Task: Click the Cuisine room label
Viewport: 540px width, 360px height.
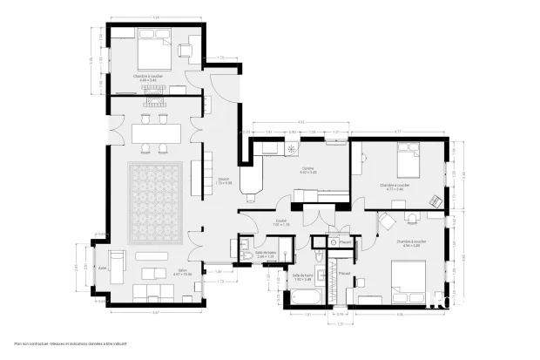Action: click(x=307, y=170)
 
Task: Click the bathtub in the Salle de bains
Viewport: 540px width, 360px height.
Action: click(x=305, y=299)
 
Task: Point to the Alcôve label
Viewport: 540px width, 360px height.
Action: click(x=102, y=268)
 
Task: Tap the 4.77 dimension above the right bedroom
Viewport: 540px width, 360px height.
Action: click(x=397, y=132)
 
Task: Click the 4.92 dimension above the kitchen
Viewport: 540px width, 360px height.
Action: click(x=300, y=121)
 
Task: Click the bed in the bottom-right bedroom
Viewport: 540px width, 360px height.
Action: click(x=408, y=282)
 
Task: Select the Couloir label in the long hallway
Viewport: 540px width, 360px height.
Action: click(x=223, y=181)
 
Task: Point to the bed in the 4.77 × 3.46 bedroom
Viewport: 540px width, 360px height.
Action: click(x=406, y=161)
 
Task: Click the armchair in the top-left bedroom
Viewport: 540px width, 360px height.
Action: click(x=186, y=50)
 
